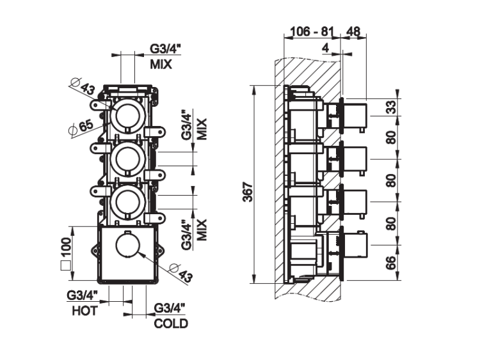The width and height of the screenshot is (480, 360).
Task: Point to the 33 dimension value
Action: pos(391,107)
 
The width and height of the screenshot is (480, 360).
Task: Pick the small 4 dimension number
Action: pos(326,47)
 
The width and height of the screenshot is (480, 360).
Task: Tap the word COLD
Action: pos(172,324)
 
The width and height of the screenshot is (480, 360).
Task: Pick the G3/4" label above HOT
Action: pos(83,295)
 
